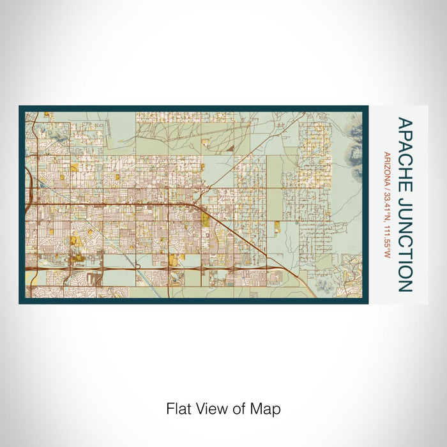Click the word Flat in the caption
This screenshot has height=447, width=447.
coord(178,409)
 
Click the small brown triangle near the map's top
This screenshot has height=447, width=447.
coord(231,148)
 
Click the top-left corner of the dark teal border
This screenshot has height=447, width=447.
coord(20,107)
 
